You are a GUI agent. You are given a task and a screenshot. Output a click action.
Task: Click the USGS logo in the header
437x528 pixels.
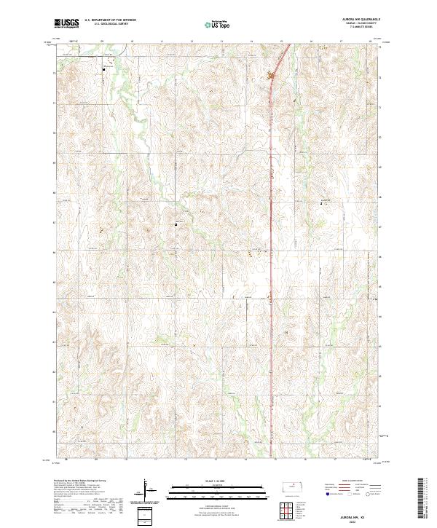coord(66,23)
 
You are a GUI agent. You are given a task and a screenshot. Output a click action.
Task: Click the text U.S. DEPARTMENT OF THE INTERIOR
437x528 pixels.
coord(110,20)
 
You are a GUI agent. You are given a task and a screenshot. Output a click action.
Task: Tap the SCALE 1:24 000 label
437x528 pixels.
coord(218,481)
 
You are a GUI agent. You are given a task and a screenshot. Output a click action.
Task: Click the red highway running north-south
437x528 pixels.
coord(272,218)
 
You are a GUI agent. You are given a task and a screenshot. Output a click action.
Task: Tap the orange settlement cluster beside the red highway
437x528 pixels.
coord(272,75)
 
